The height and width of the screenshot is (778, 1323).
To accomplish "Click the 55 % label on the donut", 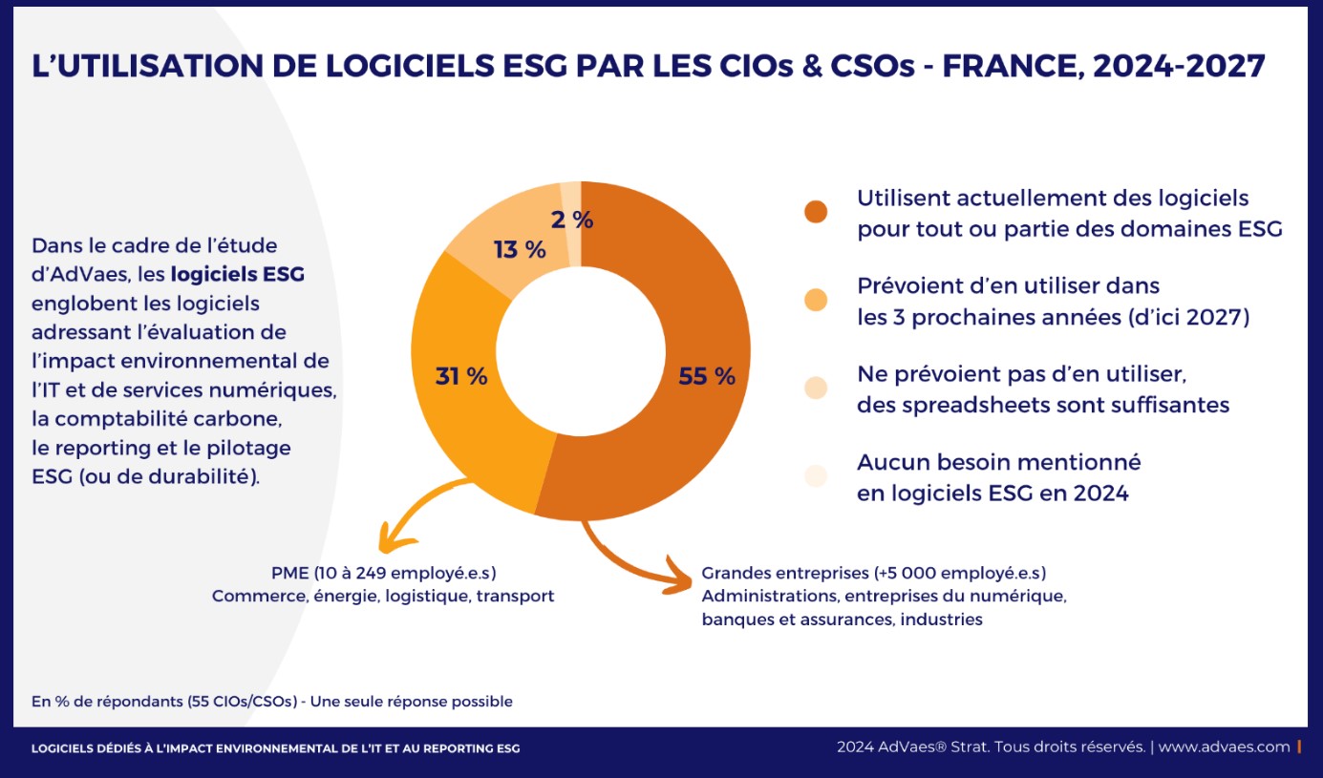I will (707, 376).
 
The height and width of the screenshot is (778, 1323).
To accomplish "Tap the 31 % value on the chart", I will (461, 376).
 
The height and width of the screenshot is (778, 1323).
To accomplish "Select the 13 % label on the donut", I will (520, 250).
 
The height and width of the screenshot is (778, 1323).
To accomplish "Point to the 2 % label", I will (571, 220).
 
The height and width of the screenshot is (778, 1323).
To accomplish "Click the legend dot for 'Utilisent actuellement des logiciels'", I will (816, 212).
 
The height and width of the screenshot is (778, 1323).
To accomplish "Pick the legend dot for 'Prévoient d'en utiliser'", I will (816, 301).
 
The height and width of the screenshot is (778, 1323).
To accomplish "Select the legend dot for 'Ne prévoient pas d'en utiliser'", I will (816, 387).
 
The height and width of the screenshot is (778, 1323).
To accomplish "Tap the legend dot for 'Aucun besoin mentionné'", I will (816, 475).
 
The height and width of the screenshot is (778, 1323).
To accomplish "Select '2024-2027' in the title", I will (1180, 66).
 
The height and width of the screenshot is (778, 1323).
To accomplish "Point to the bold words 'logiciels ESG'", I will (238, 275).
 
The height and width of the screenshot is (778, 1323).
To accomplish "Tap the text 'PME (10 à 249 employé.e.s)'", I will (383, 573).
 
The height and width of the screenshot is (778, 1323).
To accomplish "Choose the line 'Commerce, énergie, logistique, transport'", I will (383, 596).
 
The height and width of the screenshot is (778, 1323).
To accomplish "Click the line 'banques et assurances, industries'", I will (842, 619).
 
